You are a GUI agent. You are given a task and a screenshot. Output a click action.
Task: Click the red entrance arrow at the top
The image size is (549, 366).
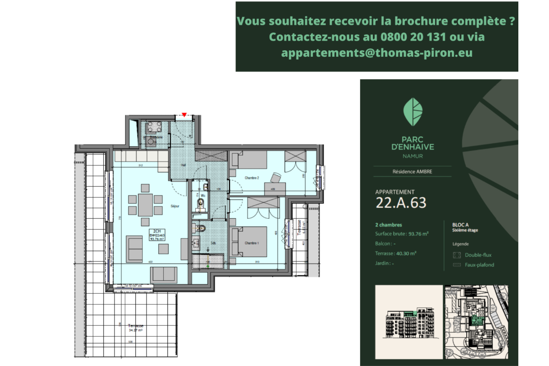[x=184, y=115]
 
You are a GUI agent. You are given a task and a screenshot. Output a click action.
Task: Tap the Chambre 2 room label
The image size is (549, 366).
[x=252, y=178]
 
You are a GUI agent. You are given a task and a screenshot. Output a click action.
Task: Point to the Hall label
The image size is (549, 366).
[x=183, y=165]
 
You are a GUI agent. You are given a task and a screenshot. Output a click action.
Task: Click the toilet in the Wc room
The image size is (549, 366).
[x=200, y=202]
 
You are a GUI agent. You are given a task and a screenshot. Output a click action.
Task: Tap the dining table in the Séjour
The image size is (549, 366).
[x=145, y=205]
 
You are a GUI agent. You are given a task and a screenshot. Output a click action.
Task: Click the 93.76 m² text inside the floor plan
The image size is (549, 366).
[x=157, y=238]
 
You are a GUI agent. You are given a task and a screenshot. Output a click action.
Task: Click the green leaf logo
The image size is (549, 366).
[x=412, y=112]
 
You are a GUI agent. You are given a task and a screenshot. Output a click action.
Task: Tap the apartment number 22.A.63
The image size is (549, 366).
[x=401, y=203]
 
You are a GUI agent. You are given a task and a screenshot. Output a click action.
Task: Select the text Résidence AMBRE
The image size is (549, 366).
[x=412, y=172]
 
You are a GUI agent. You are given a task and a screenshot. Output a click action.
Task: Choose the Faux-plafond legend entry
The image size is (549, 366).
[x=479, y=265]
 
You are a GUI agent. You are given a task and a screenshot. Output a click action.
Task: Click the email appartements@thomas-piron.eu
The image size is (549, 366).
[x=377, y=53]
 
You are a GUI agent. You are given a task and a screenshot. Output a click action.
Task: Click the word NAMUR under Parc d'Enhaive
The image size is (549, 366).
[x=412, y=156]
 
